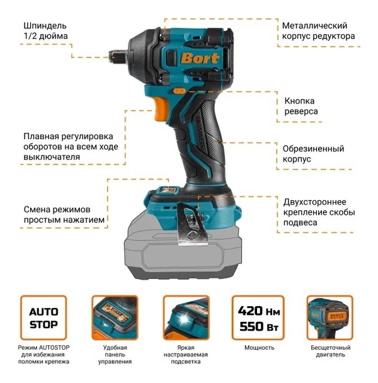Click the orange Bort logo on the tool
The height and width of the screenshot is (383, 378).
coord(199,59)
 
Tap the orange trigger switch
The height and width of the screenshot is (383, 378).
coord(161,109)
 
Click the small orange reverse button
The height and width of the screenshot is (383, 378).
coord(179,91)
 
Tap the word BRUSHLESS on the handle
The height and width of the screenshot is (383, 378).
coord(199,132)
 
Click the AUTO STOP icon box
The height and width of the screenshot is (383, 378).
coord(43,317)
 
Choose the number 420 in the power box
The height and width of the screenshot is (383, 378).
coord(250,311)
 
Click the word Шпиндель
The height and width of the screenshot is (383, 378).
coord(45,26)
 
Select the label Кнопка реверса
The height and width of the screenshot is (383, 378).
coord(301,106)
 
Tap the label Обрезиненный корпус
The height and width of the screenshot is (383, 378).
coord(313,154)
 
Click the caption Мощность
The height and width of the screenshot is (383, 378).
coord(260,348)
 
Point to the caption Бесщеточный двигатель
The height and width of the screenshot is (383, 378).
coord(331,351)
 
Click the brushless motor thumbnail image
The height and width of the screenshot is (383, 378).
coord(330,317)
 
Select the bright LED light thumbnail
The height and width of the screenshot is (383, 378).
coord(186,317)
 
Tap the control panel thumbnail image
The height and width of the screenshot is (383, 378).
coord(115,317)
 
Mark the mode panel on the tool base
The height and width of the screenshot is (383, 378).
coord(168,190)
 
